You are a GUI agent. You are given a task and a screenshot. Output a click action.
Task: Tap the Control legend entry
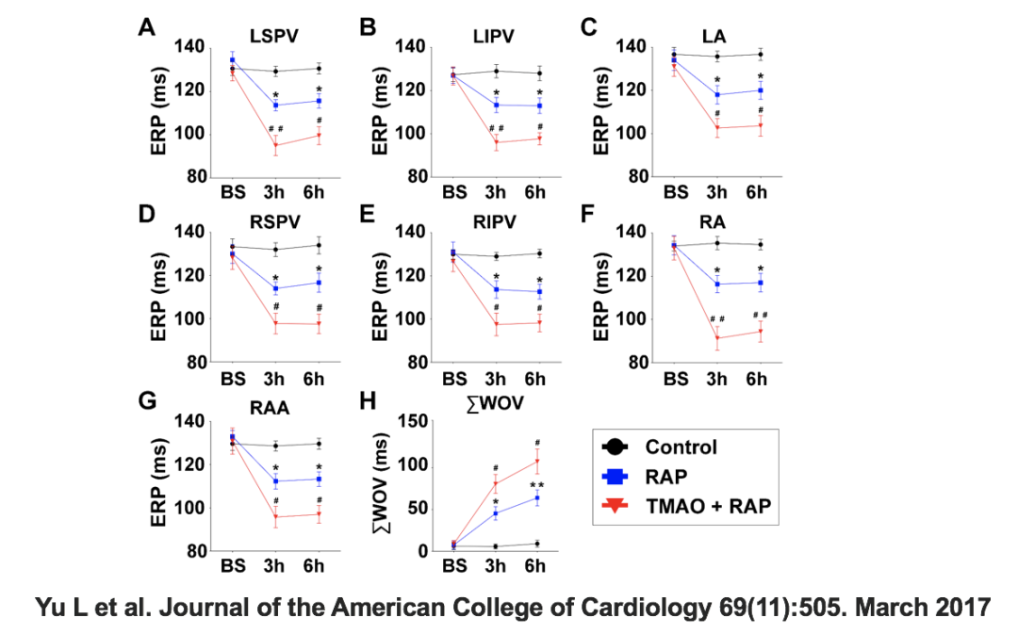point(681,447)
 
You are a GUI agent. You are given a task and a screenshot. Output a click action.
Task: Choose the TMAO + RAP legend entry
point(708,507)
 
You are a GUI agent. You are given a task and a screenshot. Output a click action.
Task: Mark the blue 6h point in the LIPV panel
point(539,106)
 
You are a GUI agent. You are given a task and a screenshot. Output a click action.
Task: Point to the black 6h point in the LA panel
point(760,55)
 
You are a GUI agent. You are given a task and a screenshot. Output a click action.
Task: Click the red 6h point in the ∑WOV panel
point(538,461)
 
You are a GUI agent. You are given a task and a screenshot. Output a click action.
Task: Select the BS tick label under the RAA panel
point(233,566)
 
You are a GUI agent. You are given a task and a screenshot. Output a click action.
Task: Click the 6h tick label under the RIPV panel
point(534,380)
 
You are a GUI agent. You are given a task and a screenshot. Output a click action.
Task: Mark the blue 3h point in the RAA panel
point(275,481)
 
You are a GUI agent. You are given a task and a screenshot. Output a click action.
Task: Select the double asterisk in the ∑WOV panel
point(538,486)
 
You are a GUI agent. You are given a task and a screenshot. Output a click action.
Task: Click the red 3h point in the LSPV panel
point(276,145)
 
